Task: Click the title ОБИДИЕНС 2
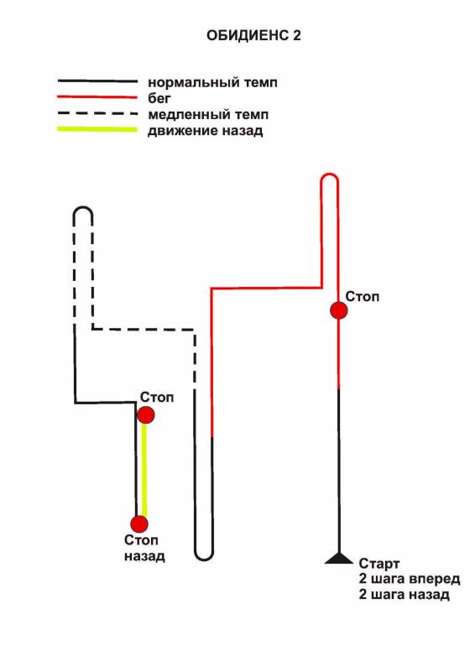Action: pos(253,35)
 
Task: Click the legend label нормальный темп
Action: pos(212,81)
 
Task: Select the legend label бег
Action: pos(159,98)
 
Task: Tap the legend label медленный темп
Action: pos(208,115)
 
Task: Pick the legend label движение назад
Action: pos(205,131)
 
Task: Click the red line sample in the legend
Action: pos(97,97)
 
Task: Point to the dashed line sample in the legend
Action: pos(97,114)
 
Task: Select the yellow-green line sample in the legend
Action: pos(97,130)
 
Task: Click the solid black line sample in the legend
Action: pos(97,81)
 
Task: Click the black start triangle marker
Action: pos(339,559)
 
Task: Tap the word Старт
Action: pos(379,564)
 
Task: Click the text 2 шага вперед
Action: pos(410,579)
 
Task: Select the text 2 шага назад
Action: pos(405,595)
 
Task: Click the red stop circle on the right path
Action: pos(339,310)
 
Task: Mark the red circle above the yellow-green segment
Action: pos(146,414)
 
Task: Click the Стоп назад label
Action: pos(144,549)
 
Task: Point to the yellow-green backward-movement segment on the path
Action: pos(144,470)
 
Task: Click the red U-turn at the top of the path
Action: pos(330,174)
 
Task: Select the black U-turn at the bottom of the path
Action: pos(203,559)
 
